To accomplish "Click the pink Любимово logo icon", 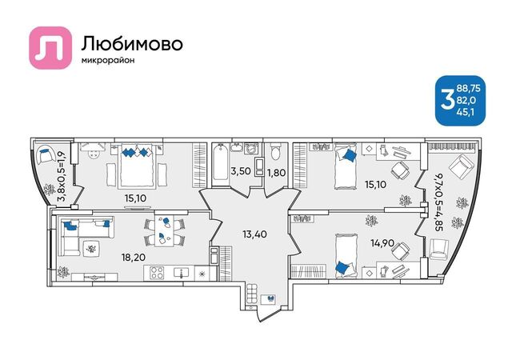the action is point(50,48).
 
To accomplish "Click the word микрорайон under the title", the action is point(108,61).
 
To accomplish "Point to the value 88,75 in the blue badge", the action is point(469,88).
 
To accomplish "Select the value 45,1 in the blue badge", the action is point(466,112).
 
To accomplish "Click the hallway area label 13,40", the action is point(254,234).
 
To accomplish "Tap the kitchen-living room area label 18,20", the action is point(134,258).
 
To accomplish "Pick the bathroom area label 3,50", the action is point(241,171).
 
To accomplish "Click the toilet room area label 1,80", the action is point(277,173).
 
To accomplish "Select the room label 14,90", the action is point(382,243).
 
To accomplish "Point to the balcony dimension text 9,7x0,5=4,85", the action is point(438,202).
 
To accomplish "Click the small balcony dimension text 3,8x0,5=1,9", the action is point(62,177).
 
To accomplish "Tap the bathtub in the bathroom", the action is point(221,162).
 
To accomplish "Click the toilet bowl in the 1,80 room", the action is point(276,151).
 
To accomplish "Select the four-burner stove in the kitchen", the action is point(157,273).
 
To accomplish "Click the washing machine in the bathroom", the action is point(251,148).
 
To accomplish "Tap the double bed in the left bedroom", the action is point(137,165).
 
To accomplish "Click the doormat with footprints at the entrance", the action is point(269,299).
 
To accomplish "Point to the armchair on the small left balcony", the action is point(46,154).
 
